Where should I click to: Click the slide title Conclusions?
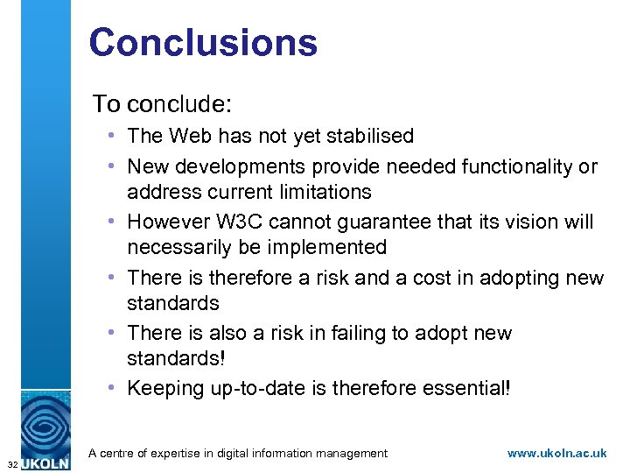click(x=203, y=43)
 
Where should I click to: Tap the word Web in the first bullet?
click(x=192, y=136)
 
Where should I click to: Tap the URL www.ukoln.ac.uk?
click(x=556, y=453)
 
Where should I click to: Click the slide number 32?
click(x=10, y=462)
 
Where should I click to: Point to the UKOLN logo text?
click(x=45, y=462)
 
